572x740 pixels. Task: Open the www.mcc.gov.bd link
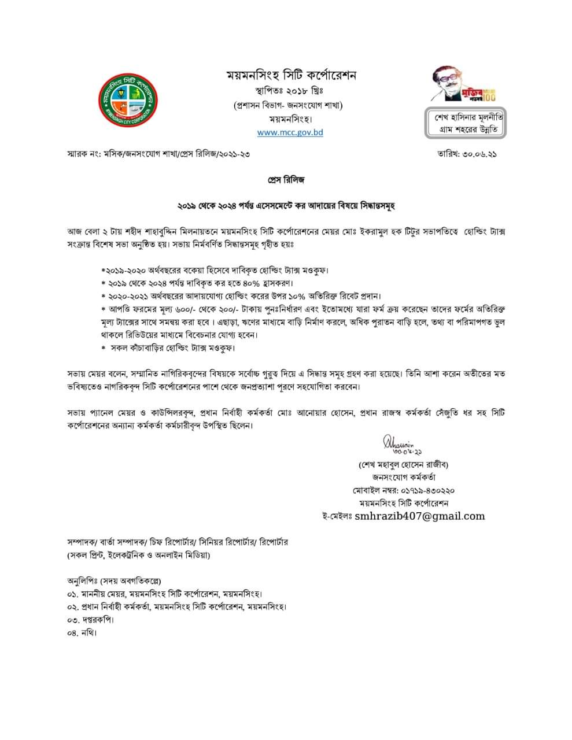click(x=290, y=132)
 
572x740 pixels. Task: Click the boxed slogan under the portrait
click(x=466, y=123)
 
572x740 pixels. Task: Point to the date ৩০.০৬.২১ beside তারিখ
click(x=481, y=154)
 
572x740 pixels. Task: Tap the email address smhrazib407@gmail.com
click(x=420, y=516)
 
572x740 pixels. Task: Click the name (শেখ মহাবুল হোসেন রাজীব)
click(x=403, y=464)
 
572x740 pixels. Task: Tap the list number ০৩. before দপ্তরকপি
click(x=72, y=620)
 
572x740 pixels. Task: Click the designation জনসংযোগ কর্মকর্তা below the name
click(x=403, y=478)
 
